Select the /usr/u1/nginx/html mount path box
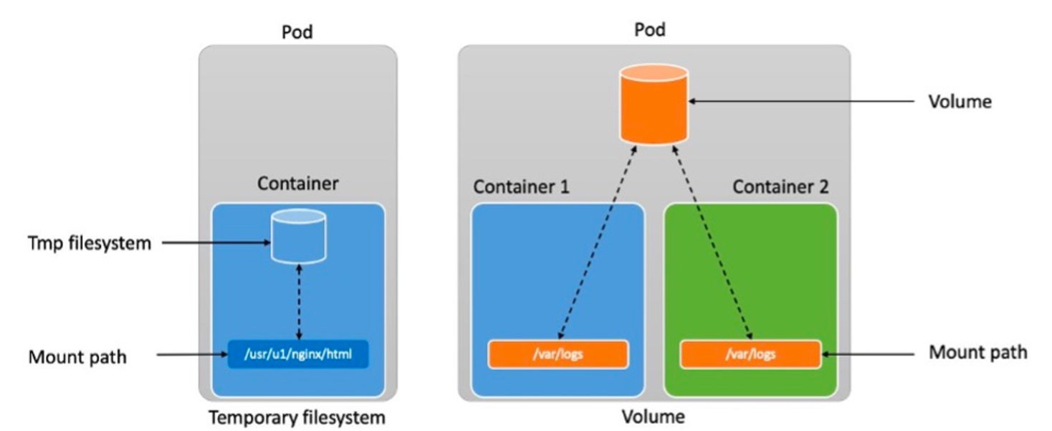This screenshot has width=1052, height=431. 298,354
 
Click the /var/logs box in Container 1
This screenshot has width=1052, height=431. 558,354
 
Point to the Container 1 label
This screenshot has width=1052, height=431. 521,187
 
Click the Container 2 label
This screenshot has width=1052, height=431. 780,187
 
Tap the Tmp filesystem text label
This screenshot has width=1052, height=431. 90,243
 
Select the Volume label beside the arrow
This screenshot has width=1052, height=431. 960,102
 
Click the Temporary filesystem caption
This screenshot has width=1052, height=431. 297,417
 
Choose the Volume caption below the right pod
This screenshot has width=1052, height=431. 653,417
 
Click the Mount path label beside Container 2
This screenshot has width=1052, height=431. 977,353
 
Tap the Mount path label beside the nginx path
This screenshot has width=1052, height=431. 77,356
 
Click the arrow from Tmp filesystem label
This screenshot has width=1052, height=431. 215,244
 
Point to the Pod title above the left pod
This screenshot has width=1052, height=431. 297,32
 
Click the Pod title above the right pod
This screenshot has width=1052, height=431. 650,29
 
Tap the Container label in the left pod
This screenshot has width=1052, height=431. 297,184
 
